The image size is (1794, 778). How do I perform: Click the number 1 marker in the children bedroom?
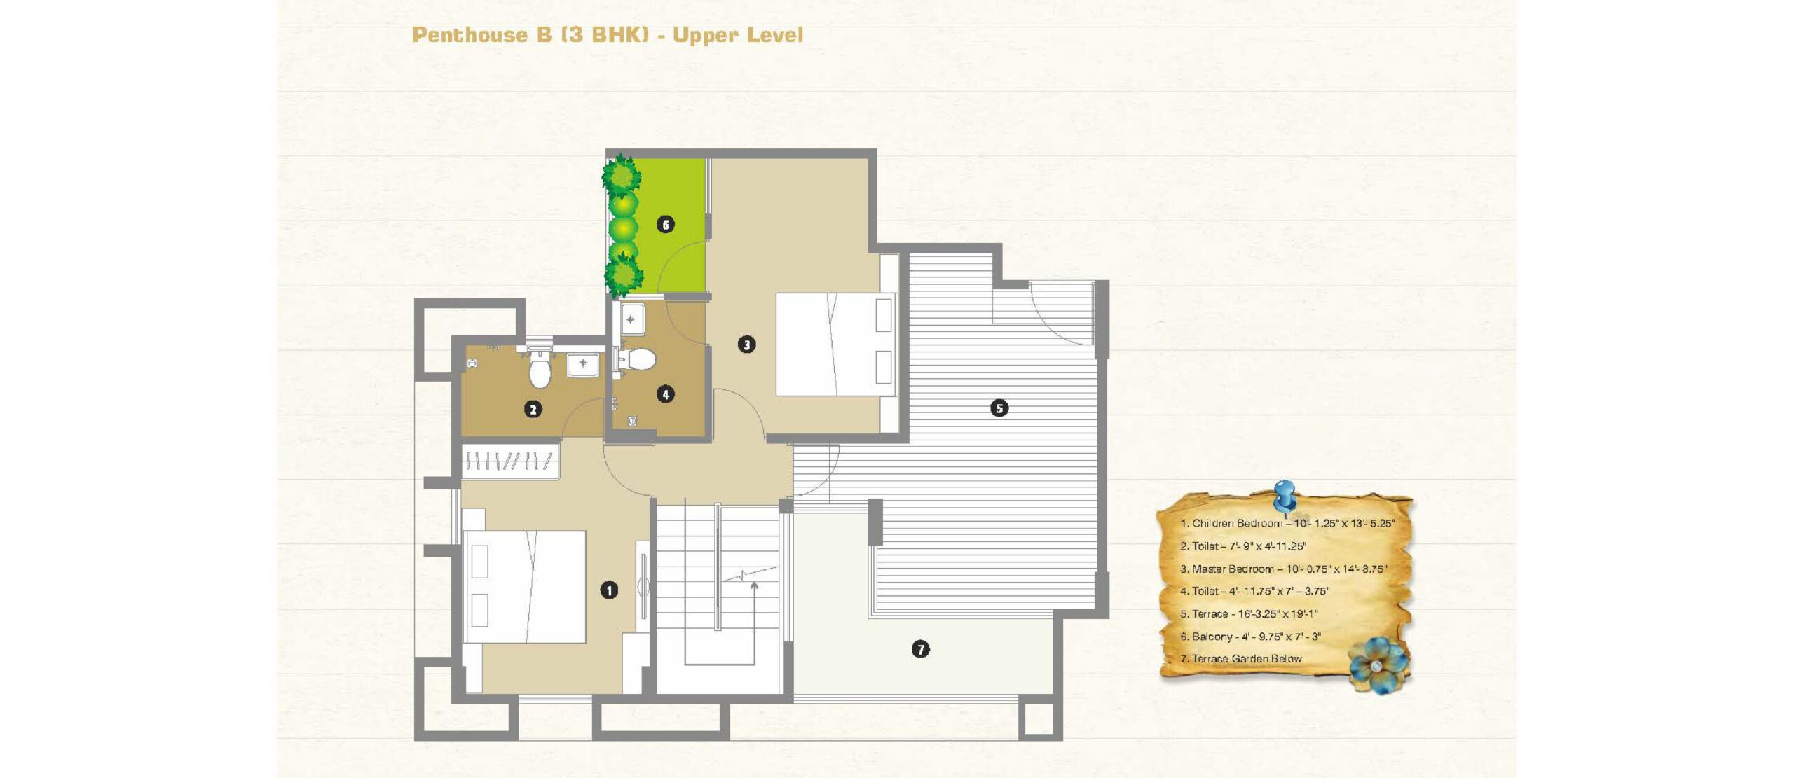point(609,590)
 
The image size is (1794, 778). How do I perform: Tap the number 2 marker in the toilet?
point(533,409)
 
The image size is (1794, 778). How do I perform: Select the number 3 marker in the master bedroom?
point(747,345)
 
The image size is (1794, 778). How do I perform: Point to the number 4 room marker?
point(666,394)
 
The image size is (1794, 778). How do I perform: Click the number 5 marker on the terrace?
point(999,408)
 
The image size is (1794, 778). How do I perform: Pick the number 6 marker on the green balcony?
point(666,224)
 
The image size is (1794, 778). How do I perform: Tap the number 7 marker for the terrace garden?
point(921,649)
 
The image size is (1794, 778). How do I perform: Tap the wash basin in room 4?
point(631,319)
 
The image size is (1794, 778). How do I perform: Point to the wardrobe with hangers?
point(510,461)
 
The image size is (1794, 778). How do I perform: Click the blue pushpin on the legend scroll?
point(1285,496)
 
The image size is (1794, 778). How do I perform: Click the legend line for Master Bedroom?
point(1283,569)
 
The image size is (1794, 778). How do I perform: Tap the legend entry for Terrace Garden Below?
point(1241,659)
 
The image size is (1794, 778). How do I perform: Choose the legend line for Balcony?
point(1250,637)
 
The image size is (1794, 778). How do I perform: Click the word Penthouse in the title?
point(470,35)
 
